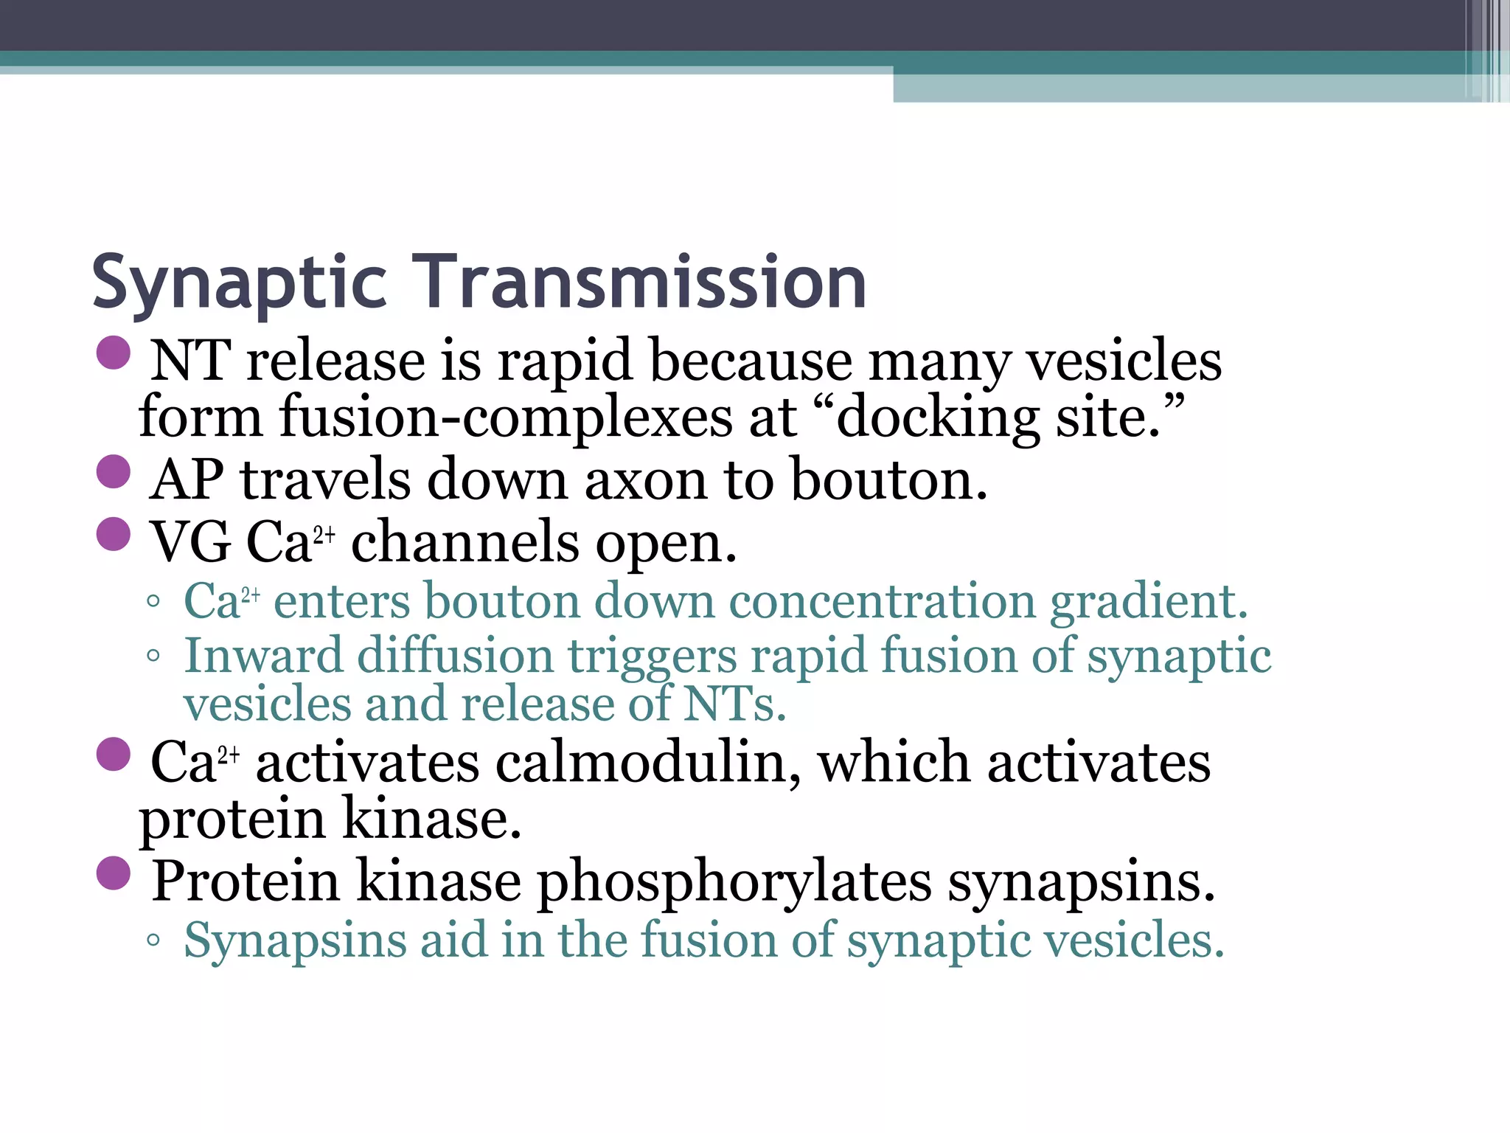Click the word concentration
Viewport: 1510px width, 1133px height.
pyautogui.click(x=882, y=601)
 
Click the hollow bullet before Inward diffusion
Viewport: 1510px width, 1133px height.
pyautogui.click(x=153, y=656)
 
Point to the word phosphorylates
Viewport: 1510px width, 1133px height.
pyautogui.click(x=734, y=882)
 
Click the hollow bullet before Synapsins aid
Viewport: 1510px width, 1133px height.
pyautogui.click(x=153, y=940)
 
